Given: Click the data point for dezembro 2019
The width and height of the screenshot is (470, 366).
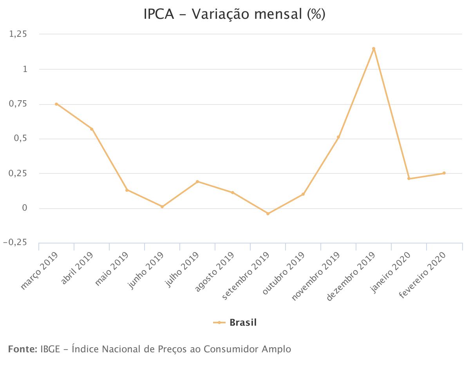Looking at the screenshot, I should (374, 49).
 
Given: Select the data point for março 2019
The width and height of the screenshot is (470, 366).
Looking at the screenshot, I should (56, 104).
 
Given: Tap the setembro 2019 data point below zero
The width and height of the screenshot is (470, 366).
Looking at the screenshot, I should (268, 214).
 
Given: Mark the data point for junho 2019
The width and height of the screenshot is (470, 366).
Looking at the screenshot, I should (162, 207).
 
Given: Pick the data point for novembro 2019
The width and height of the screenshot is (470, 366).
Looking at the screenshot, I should (338, 137).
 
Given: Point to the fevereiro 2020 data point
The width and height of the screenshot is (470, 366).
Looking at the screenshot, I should (444, 173).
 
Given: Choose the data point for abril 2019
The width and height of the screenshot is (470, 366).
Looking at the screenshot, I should (92, 129).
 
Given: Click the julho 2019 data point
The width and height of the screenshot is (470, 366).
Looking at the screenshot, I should (197, 182).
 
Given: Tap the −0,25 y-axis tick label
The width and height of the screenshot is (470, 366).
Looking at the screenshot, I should (15, 243).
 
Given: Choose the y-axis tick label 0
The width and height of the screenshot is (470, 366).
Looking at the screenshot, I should (25, 208).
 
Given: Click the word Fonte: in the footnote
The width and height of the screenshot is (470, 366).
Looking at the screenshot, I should (22, 349).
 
